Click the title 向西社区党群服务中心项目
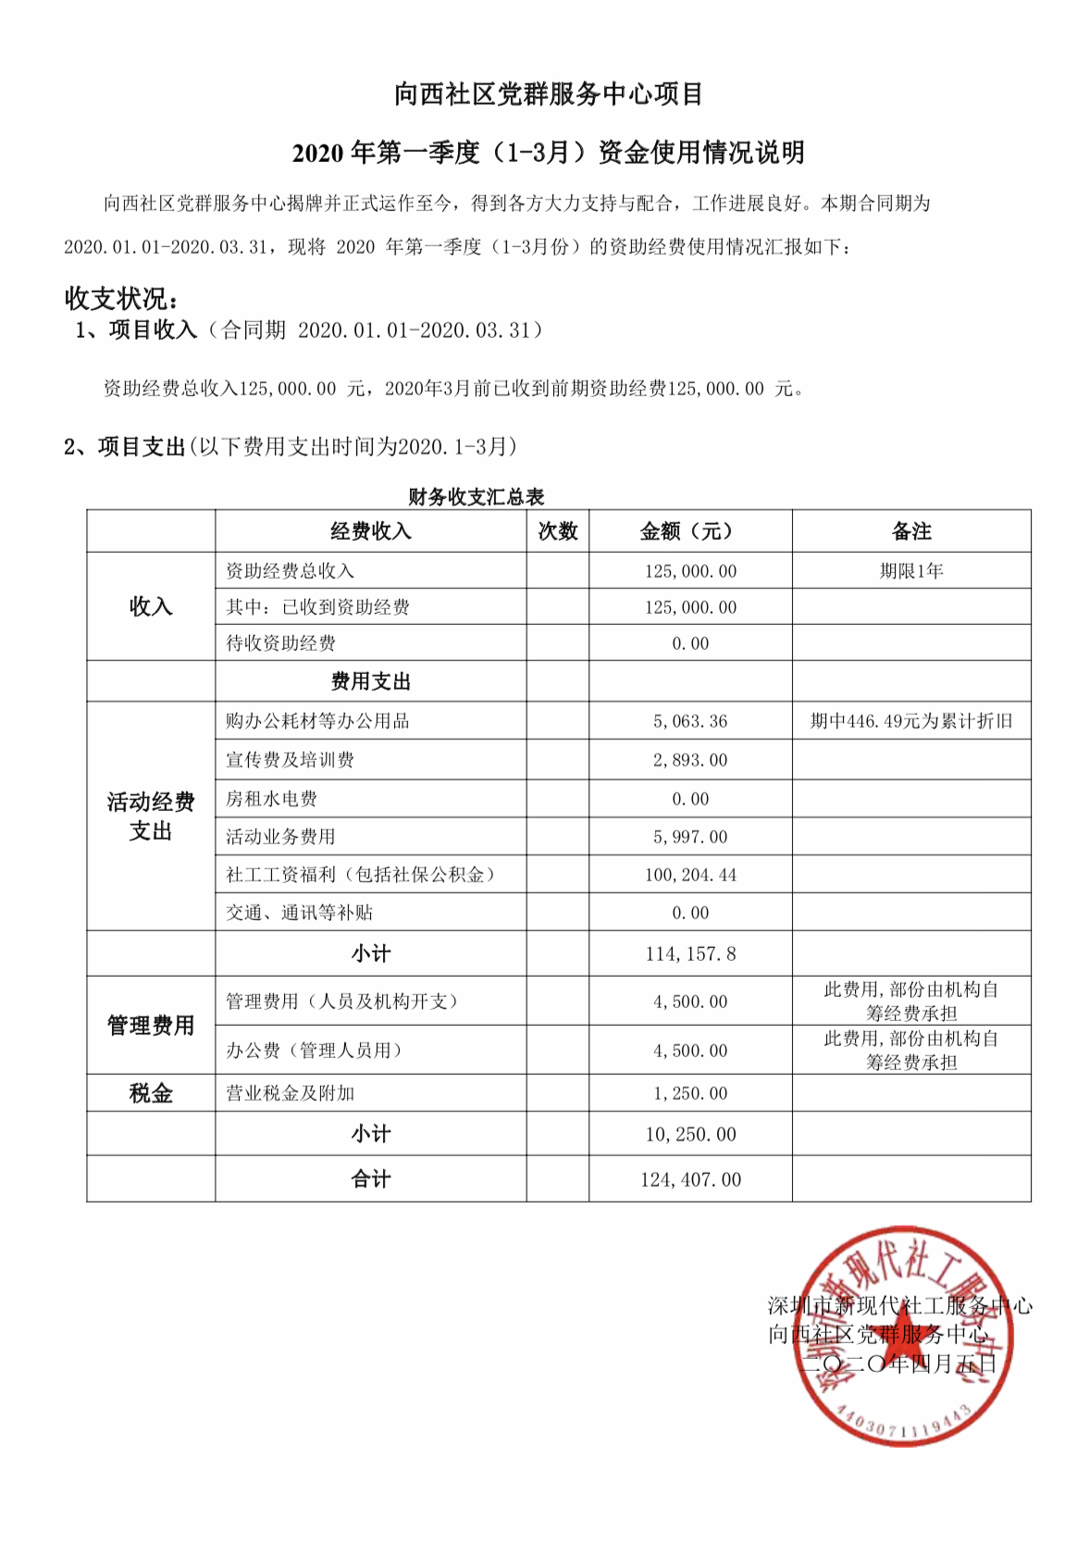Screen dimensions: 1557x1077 pyautogui.click(x=549, y=94)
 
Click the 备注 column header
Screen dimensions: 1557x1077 pyautogui.click(x=910, y=531)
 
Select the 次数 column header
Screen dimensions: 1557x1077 pyautogui.click(x=557, y=531)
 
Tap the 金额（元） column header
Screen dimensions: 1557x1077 pyautogui.click(x=689, y=531)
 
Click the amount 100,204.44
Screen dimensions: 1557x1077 pyautogui.click(x=690, y=875)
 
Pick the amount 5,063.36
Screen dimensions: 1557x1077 pyautogui.click(x=690, y=721)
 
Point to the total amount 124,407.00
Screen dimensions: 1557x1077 pyautogui.click(x=690, y=1179)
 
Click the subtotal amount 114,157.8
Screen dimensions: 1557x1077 pyautogui.click(x=690, y=953)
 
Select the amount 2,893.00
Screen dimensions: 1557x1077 pyautogui.click(x=690, y=760)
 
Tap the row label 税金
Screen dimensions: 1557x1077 pyautogui.click(x=151, y=1093)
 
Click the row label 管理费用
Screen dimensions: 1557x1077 pyautogui.click(x=151, y=1026)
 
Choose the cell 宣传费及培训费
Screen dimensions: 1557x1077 pyautogui.click(x=290, y=760)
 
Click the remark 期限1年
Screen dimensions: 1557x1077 pyautogui.click(x=910, y=571)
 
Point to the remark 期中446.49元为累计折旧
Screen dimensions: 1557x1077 pyautogui.click(x=910, y=721)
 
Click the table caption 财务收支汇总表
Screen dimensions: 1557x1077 pyautogui.click(x=476, y=497)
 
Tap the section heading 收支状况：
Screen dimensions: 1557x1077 pyautogui.click(x=121, y=298)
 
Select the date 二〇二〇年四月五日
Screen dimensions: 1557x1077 pyautogui.click(x=897, y=1364)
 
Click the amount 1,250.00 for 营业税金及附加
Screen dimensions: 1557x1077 pyautogui.click(x=690, y=1093)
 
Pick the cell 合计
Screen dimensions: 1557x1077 pyautogui.click(x=370, y=1179)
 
